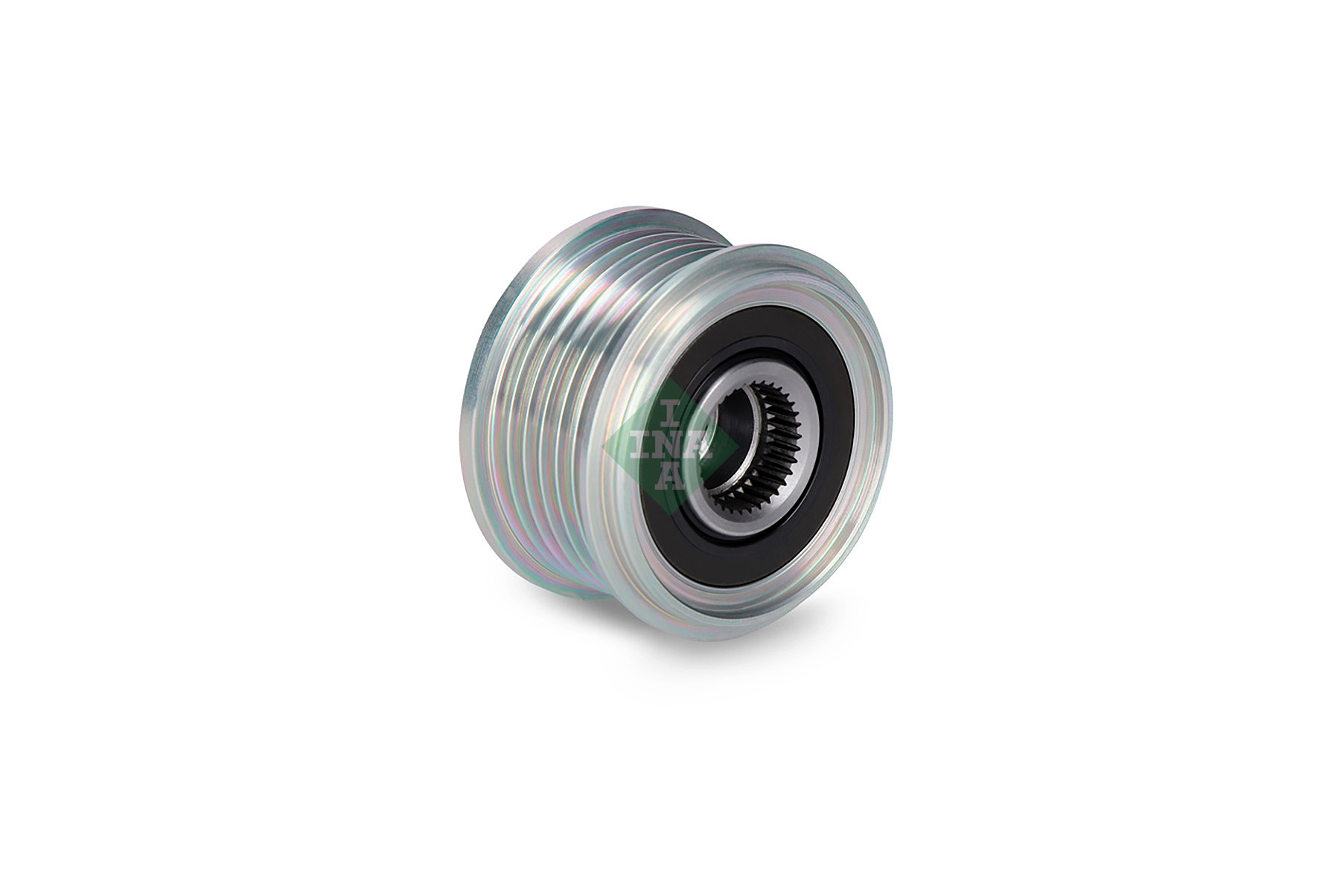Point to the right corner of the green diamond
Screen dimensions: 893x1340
click(726, 444)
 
